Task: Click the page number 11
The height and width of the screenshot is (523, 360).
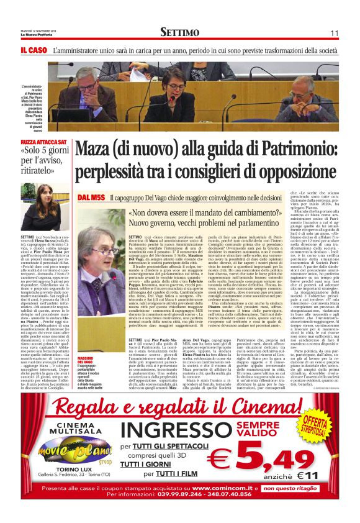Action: (334, 32)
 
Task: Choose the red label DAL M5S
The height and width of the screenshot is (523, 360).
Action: (91, 198)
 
